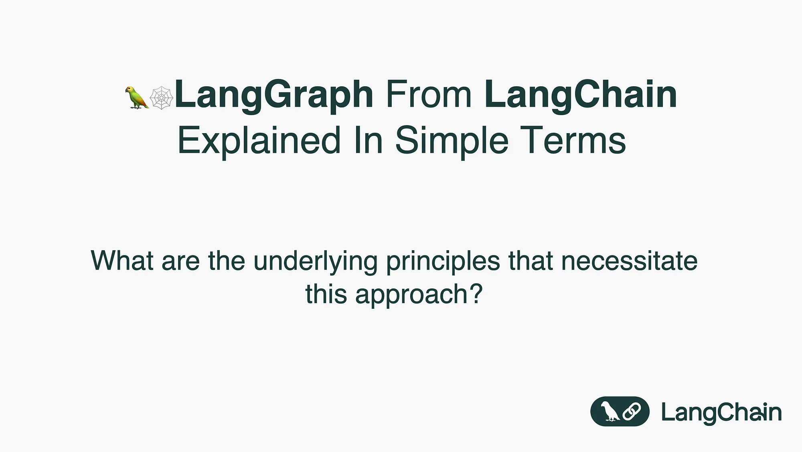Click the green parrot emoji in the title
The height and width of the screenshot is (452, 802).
137,97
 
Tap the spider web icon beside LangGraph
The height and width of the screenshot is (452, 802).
161,97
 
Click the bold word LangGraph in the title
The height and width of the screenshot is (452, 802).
274,95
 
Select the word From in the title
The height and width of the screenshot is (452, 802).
429,95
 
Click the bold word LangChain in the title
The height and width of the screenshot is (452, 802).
581,95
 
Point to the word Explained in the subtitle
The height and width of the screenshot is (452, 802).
259,140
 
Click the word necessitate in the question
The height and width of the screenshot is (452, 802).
629,261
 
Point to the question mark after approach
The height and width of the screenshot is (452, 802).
476,294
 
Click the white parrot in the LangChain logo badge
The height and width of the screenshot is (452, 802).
609,411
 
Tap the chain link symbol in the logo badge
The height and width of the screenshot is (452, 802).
631,411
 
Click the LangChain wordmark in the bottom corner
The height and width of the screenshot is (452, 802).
721,412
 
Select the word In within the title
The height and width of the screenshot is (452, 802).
368,140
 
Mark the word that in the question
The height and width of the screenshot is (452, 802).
531,261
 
